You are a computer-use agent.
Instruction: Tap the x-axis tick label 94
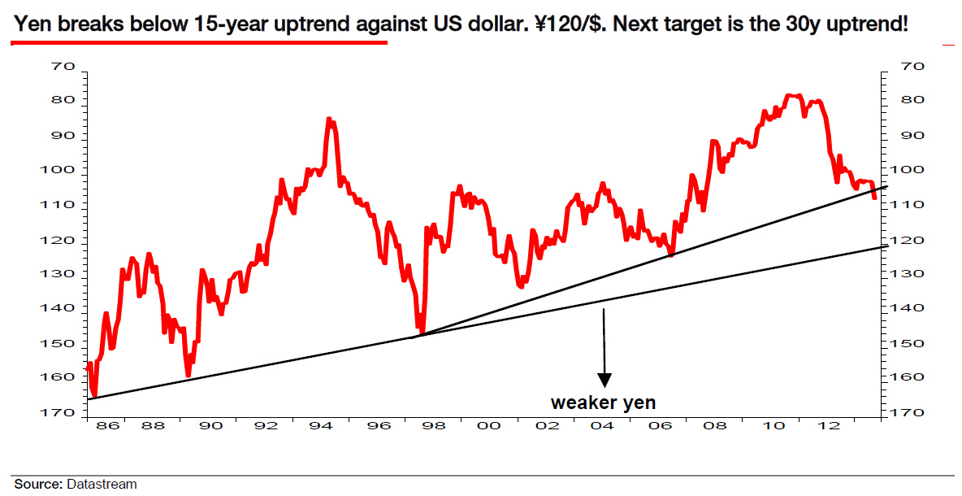[x=321, y=426]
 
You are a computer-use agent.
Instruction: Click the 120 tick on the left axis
[x=61, y=241]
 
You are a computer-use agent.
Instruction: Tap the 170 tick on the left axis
[x=61, y=412]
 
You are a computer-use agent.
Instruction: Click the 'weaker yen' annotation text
[x=603, y=402]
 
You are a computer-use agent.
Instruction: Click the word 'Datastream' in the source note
[x=101, y=484]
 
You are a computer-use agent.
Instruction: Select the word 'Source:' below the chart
[x=38, y=484]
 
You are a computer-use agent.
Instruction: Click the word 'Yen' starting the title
[x=31, y=24]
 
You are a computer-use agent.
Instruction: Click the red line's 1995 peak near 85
[x=329, y=120]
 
